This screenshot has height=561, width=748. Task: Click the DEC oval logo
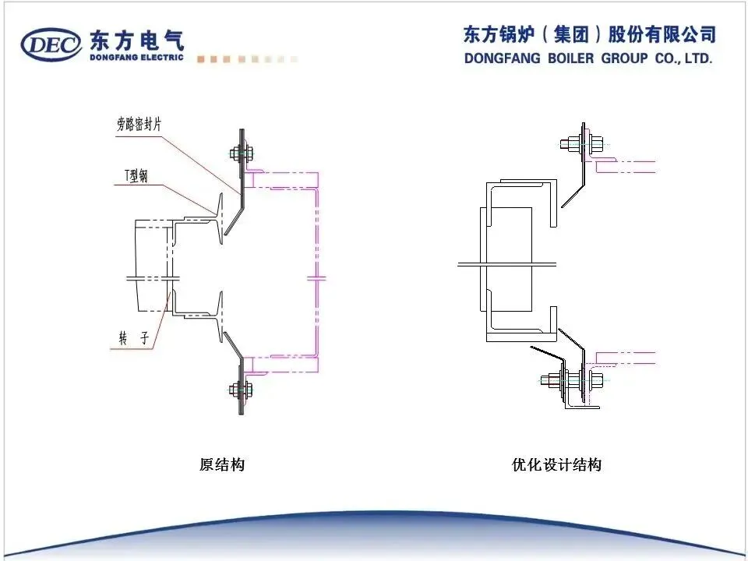(x=51, y=44)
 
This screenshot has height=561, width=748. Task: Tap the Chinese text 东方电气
(x=137, y=39)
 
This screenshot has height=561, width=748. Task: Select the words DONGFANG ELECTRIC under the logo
(x=136, y=57)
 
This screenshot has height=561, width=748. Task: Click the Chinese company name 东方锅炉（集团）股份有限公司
(x=589, y=34)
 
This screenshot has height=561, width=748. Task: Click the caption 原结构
(x=222, y=465)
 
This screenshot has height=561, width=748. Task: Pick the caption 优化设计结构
(x=556, y=465)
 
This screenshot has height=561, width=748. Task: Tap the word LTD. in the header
(x=697, y=58)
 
